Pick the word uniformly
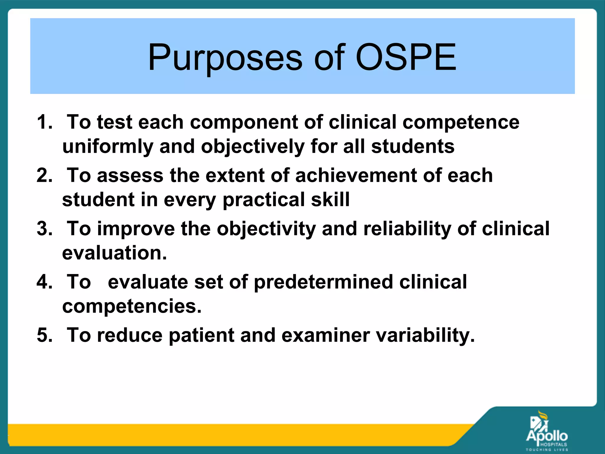coord(108,147)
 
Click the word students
coord(413,146)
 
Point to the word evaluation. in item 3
coord(115,253)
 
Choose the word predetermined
coord(323,282)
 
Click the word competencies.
coord(132,307)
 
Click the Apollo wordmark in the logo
coord(547,436)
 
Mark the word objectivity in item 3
coord(266,229)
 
